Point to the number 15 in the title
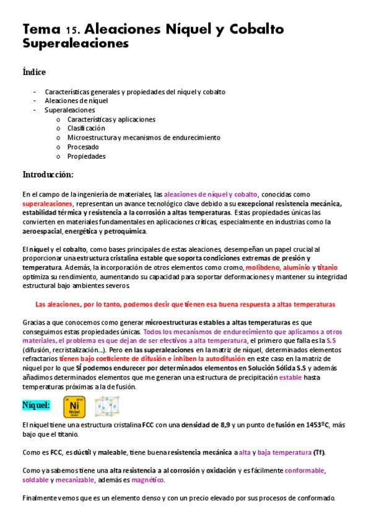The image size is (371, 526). tap(71, 30)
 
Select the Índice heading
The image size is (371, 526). tap(34, 72)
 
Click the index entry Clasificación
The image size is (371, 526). tap(86, 128)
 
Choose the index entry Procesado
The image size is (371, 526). tap(82, 147)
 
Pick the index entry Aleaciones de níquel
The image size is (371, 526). tap(76, 100)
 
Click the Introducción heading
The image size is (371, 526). tap(48, 174)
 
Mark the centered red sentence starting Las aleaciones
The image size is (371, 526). tap(185, 305)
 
